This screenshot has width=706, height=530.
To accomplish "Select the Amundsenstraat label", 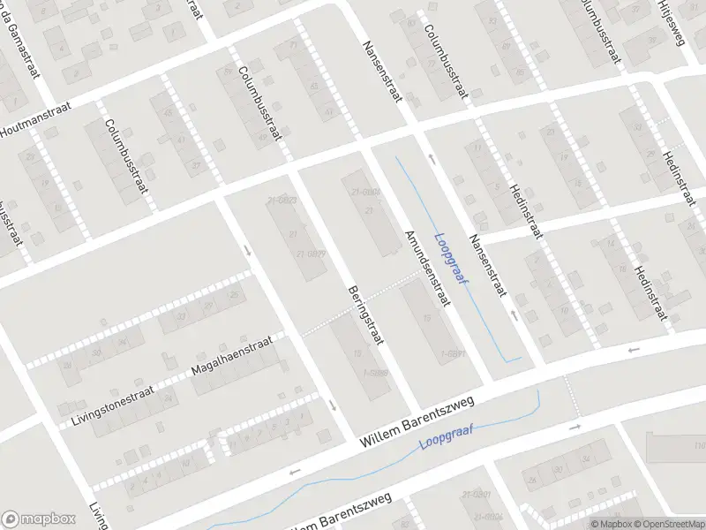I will pos(427,268).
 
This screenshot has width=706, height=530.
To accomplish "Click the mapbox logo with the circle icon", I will pos(37,519).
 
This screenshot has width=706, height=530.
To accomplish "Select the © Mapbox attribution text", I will pos(612,524).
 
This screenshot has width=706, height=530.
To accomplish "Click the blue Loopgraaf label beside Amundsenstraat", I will pos(452,258).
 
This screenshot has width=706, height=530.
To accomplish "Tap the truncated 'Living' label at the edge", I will pos(96,516).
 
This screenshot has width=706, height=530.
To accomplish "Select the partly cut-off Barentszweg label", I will pos(341,515).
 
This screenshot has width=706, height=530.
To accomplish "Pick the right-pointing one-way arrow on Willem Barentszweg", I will pos(575,427).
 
